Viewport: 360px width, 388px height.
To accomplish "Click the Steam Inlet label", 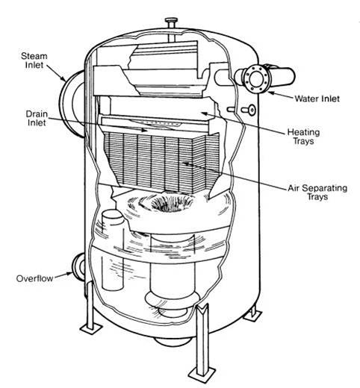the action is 34,60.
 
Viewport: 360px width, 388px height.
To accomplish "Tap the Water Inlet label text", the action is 317,98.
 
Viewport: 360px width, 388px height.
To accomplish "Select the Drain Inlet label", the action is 37,118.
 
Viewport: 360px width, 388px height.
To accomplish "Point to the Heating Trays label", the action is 303,137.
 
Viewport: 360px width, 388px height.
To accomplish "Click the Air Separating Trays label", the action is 317,193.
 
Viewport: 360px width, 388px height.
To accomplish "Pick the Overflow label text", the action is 34,278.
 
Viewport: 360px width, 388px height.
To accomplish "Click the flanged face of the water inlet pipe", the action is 255,79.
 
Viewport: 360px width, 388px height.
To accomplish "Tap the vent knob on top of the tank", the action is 170,21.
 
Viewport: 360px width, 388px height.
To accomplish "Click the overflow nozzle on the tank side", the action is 78,267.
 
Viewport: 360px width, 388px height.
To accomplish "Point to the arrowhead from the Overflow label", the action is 69,275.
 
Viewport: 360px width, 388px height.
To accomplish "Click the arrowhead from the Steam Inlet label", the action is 63,78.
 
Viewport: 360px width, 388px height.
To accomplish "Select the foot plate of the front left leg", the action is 90,328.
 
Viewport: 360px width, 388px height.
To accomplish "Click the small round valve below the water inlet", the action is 252,110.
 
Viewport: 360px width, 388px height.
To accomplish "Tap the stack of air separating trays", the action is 162,162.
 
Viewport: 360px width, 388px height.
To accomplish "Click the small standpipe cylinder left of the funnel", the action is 113,250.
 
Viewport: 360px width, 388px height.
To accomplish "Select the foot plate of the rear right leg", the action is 252,315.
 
